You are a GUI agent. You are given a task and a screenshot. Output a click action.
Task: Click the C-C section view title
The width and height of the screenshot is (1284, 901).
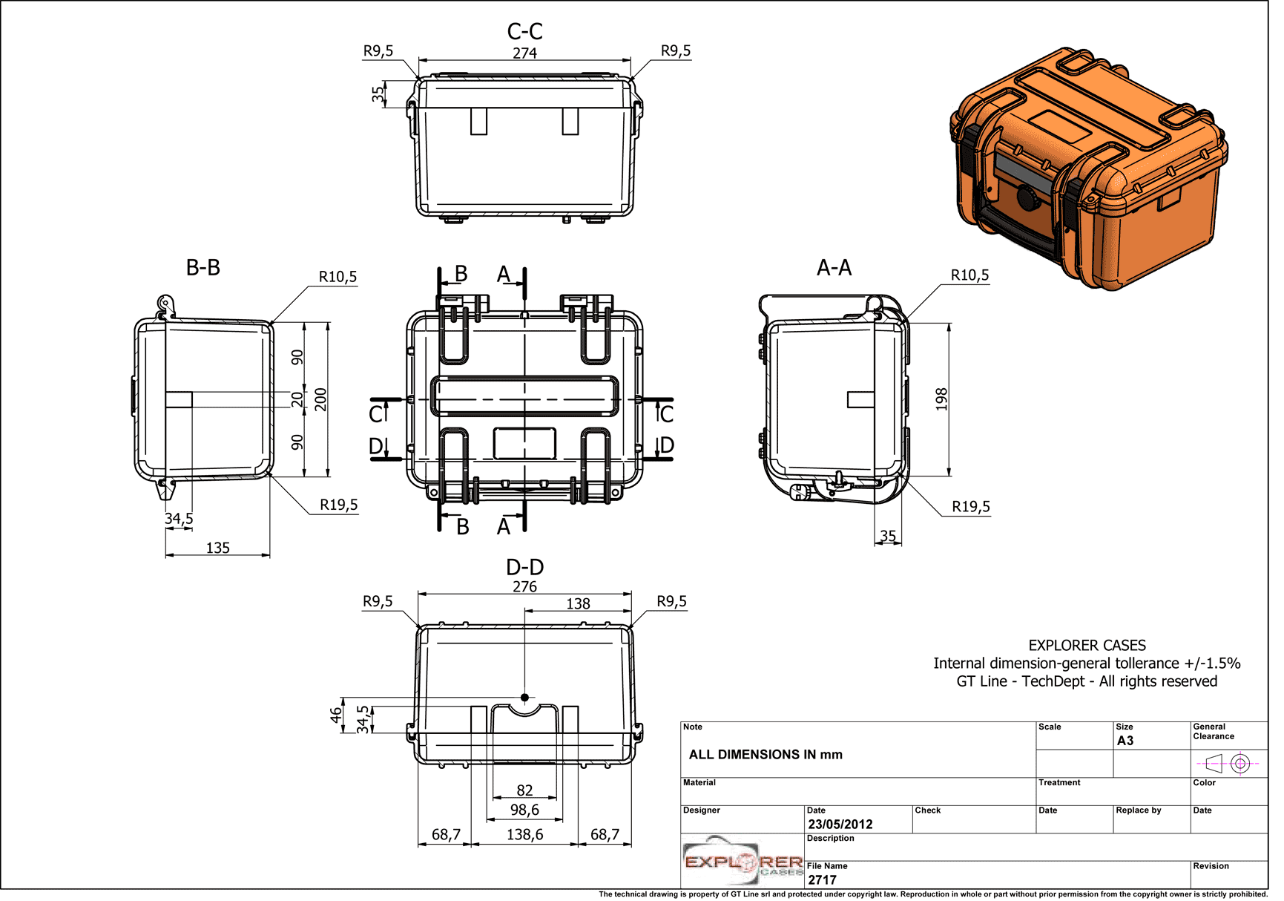click(524, 31)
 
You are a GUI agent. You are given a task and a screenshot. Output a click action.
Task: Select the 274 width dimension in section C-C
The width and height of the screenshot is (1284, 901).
click(524, 53)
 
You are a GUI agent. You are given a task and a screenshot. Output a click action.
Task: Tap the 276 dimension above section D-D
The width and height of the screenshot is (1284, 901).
click(524, 586)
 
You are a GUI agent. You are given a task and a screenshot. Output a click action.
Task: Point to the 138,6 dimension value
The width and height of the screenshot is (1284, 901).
click(524, 834)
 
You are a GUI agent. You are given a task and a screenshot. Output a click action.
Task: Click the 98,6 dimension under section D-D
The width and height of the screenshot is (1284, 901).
click(524, 810)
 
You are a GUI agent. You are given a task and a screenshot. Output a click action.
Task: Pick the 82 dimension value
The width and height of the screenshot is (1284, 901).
click(524, 790)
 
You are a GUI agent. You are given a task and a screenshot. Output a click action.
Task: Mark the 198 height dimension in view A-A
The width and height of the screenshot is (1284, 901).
click(941, 399)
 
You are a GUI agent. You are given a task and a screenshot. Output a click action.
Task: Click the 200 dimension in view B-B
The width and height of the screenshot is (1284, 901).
click(320, 399)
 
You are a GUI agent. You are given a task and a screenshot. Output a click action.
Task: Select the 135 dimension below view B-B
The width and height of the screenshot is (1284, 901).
click(217, 548)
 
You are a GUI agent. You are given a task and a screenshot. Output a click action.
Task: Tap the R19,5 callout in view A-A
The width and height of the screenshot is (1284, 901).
click(970, 507)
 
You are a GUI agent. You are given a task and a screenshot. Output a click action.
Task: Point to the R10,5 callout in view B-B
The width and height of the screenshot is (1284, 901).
click(338, 277)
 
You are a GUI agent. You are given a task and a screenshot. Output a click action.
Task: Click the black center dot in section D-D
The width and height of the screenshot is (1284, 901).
click(524, 697)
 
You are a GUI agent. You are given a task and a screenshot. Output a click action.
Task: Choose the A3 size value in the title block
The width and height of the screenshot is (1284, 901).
click(1125, 741)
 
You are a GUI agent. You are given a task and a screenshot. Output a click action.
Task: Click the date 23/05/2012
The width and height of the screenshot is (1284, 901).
click(840, 824)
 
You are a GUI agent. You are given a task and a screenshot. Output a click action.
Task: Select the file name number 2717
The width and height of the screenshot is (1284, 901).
click(822, 879)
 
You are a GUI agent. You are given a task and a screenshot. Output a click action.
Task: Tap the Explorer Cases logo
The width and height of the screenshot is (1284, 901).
click(743, 862)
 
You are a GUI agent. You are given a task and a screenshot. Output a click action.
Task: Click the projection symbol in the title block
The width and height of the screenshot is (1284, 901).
click(1228, 762)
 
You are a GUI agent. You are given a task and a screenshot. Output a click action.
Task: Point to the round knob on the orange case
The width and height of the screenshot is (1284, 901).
click(1027, 197)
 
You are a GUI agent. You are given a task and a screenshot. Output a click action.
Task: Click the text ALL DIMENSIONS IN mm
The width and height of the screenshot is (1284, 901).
click(766, 755)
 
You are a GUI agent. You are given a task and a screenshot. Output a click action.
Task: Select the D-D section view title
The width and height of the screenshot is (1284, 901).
click(524, 567)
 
